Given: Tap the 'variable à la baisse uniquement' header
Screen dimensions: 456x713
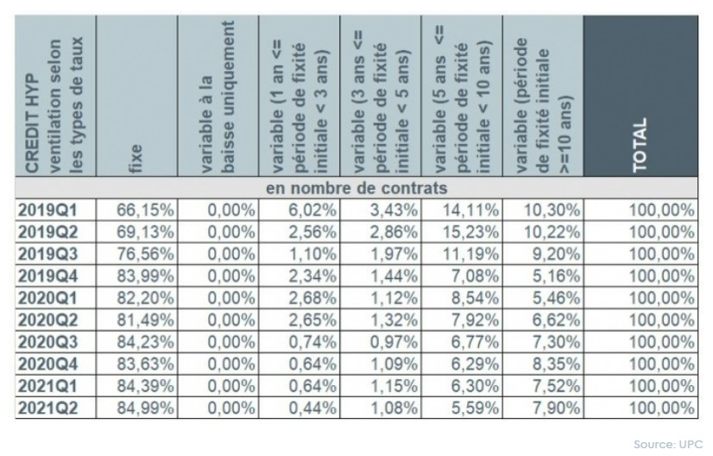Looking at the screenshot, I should click(x=218, y=95).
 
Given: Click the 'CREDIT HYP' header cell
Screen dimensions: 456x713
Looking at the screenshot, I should click(x=54, y=95).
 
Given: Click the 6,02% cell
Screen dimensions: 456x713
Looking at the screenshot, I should click(x=310, y=209).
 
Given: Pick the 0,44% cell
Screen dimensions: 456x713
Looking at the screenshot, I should click(x=310, y=406).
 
